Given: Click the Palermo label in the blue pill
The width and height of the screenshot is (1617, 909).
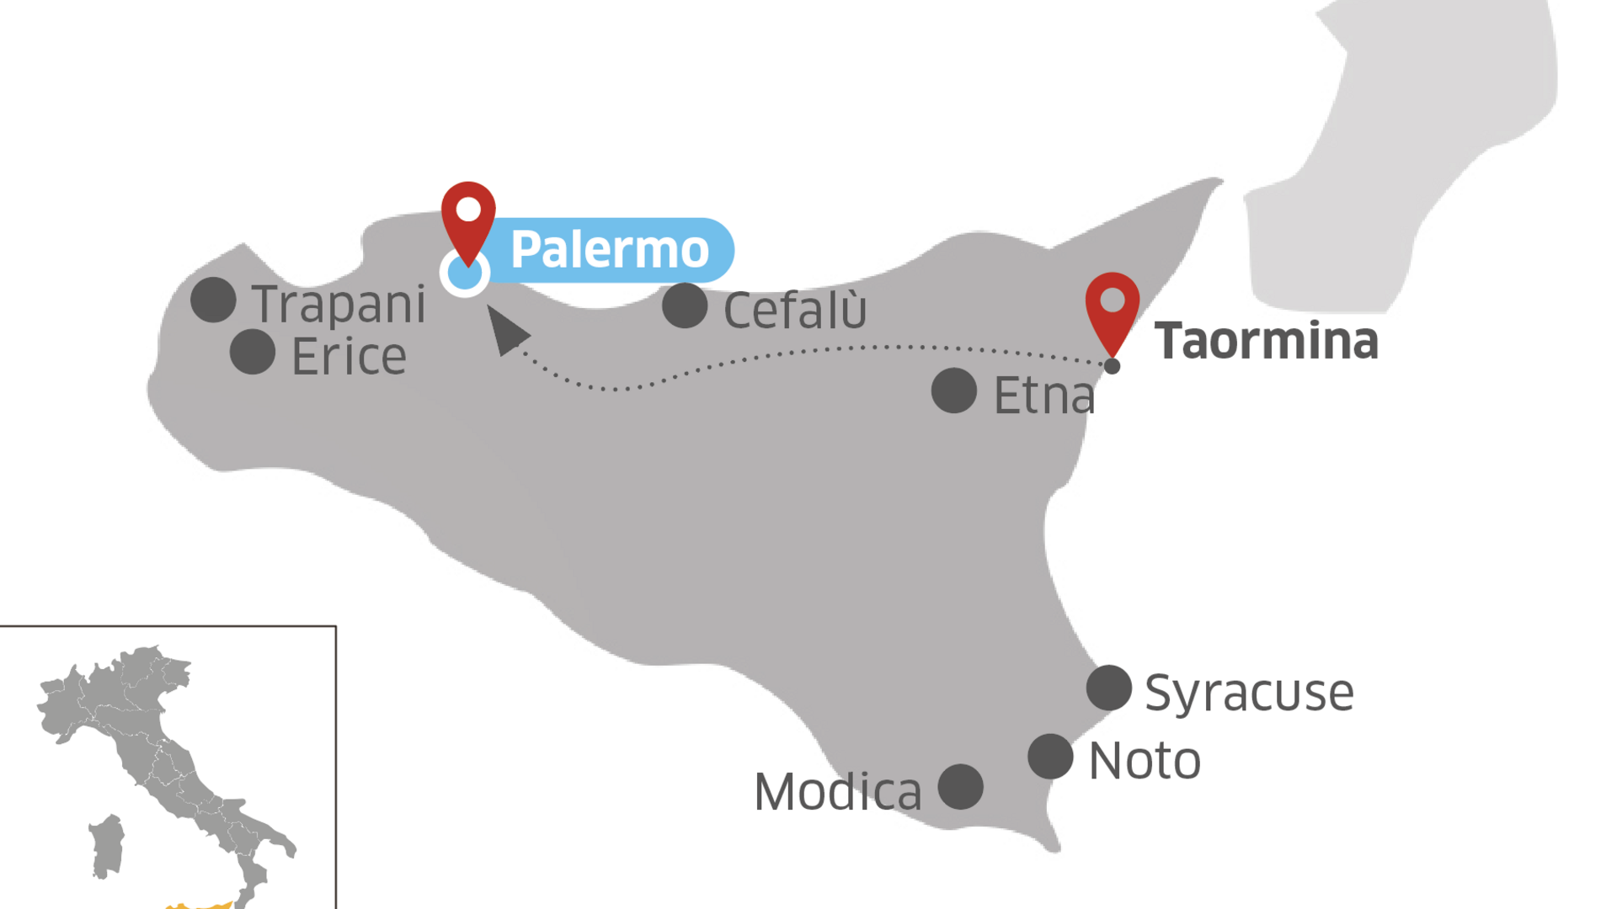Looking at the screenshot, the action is point(610,250).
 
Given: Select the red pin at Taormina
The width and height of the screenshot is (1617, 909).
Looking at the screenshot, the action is point(1112,307).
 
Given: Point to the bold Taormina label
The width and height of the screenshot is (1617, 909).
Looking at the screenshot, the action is point(1266,341).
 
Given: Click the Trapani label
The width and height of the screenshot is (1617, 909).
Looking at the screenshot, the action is point(339,304).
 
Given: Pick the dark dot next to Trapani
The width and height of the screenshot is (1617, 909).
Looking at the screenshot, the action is point(213,300).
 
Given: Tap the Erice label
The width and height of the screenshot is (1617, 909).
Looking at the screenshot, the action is point(349,357).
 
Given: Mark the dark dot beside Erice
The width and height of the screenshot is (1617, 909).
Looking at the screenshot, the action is point(253,351).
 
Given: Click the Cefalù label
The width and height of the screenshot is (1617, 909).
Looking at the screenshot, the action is point(794,311).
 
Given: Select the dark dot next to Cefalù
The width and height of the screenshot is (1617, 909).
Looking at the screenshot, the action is point(685,305).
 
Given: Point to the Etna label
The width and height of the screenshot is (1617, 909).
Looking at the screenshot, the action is point(1044,396).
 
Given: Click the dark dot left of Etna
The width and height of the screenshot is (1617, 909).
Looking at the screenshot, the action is point(954,391).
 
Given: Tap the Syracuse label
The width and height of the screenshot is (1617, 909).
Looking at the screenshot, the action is point(1249,693).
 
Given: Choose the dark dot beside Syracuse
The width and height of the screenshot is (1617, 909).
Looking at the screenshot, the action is point(1109,688).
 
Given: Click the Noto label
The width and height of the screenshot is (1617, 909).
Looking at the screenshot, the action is point(1145,761).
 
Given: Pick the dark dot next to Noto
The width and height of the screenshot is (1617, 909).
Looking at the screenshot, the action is point(1050,756).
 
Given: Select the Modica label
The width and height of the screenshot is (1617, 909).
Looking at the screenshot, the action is point(838,792).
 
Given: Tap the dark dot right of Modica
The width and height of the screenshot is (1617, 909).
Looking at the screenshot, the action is point(961,787).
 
